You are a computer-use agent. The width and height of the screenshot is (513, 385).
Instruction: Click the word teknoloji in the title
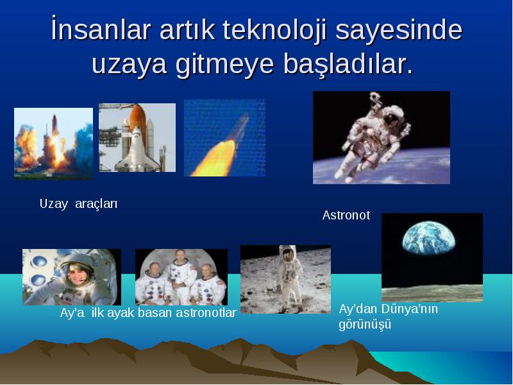point(275,31)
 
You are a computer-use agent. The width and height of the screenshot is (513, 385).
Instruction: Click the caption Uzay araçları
point(78,204)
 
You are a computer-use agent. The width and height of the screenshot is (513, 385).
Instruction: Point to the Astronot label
point(346,215)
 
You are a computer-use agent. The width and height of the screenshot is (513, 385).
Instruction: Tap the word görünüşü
point(365,325)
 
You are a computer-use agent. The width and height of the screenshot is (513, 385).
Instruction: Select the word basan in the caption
point(155,312)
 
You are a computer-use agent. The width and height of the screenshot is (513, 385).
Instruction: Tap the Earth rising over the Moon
point(428,237)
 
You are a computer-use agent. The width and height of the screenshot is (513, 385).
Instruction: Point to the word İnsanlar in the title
point(101,29)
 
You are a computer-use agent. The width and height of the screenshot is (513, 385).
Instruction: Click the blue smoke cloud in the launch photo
point(83,148)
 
